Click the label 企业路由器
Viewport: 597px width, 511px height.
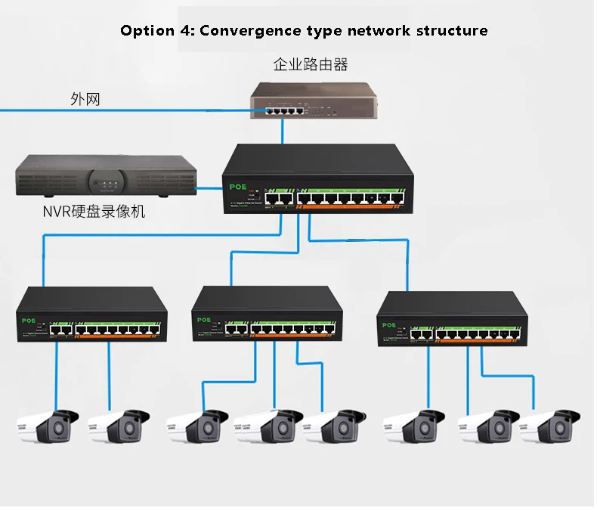tap(311, 65)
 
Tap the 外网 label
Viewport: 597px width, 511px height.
tap(85, 99)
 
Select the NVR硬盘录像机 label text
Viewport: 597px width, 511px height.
tap(94, 212)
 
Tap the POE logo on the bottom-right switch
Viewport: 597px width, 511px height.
tap(389, 325)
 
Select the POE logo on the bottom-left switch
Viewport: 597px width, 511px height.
tap(29, 319)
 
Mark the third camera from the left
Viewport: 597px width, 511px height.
tap(195, 427)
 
